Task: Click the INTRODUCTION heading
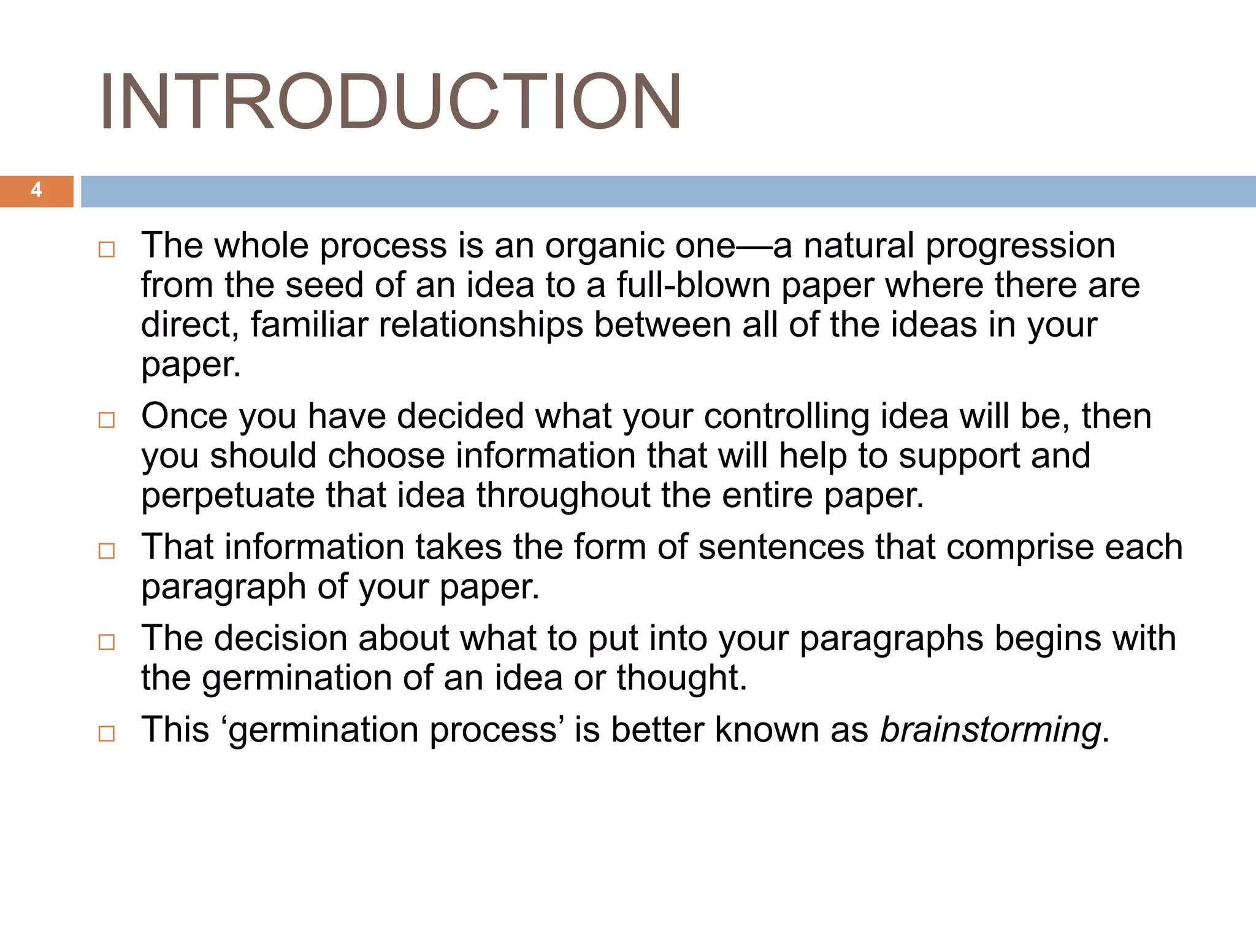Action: [x=390, y=102]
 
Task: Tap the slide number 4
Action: [x=36, y=190]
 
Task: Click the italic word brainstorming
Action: [x=990, y=730]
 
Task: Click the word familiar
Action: [x=309, y=325]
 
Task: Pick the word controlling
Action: [x=786, y=416]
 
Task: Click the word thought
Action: [x=681, y=678]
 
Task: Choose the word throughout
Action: [x=563, y=496]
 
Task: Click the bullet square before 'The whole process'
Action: [x=107, y=250]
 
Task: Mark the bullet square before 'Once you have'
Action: [x=107, y=420]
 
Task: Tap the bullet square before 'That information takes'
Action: [x=107, y=551]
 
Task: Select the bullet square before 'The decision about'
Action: [x=107, y=642]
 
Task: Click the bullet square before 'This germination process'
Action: [x=107, y=733]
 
